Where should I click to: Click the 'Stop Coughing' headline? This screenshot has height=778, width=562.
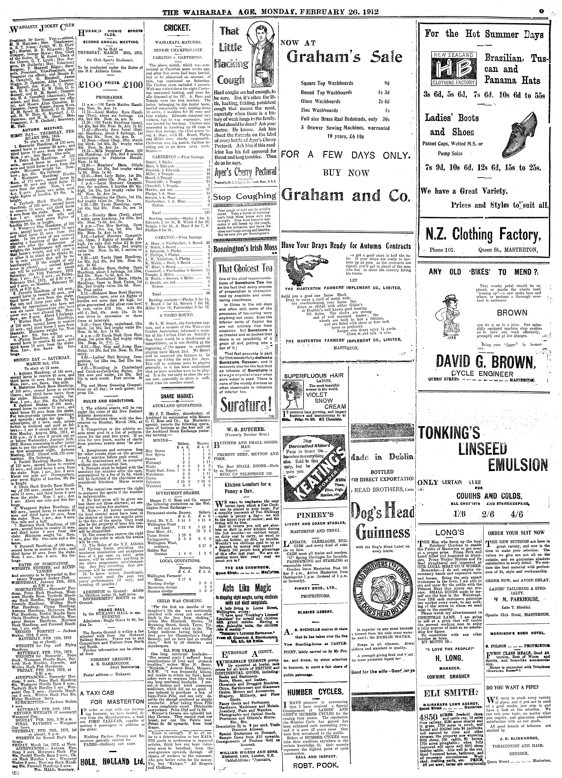pos(244,197)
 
